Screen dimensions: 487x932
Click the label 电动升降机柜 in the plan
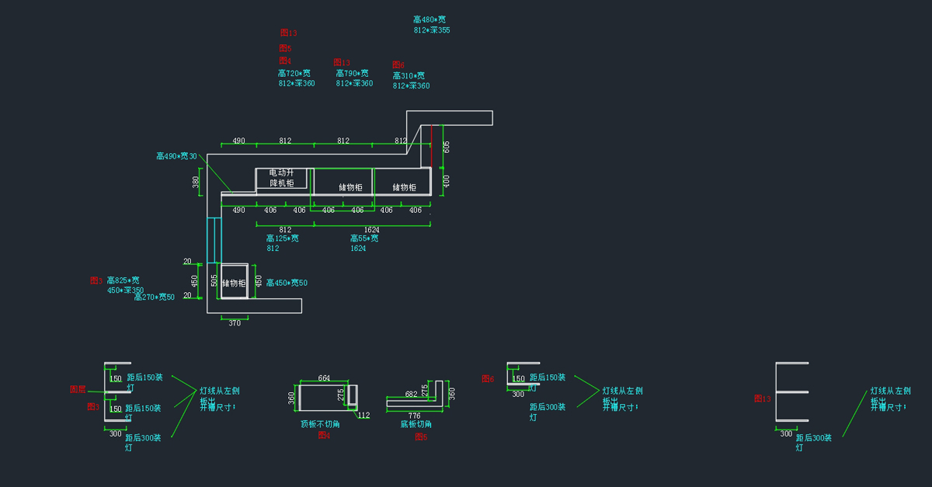281,178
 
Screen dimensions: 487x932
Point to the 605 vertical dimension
447,146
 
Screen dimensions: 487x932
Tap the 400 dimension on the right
447,180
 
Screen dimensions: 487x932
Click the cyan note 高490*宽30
176,156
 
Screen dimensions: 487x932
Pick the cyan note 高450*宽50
287,283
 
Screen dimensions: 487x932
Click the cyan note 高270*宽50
155,297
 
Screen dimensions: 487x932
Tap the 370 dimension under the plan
235,323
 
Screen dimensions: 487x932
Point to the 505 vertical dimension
214,280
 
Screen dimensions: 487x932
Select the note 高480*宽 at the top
429,19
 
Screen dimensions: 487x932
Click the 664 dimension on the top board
325,378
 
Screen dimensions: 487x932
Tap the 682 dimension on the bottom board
412,395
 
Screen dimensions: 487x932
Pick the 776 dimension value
415,416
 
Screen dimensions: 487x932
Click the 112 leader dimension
363,415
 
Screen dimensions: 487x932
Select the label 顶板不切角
320,424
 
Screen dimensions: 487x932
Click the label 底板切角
416,424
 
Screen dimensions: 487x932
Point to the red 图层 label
78,389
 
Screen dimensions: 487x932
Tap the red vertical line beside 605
432,145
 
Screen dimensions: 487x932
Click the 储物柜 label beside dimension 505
234,284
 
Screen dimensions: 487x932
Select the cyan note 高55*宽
364,238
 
